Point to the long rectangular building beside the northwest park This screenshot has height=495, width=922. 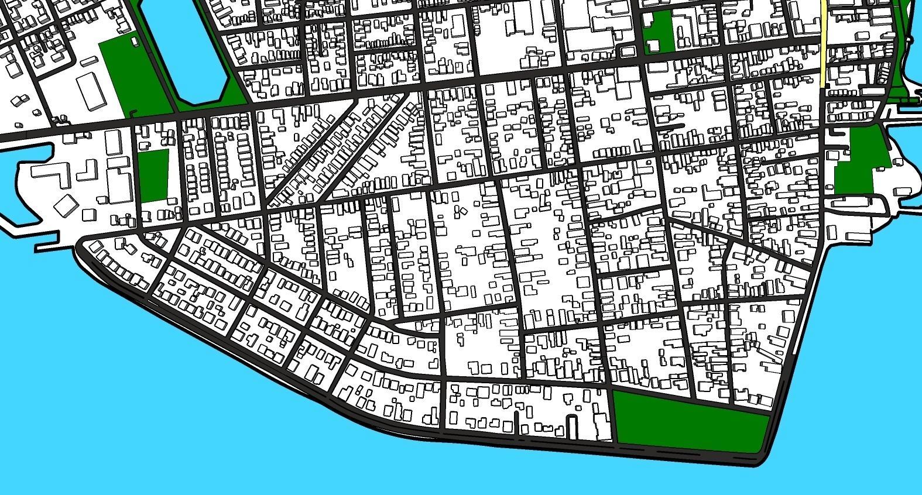91,91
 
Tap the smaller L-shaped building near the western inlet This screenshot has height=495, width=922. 87,170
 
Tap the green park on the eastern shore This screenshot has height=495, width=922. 858,164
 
